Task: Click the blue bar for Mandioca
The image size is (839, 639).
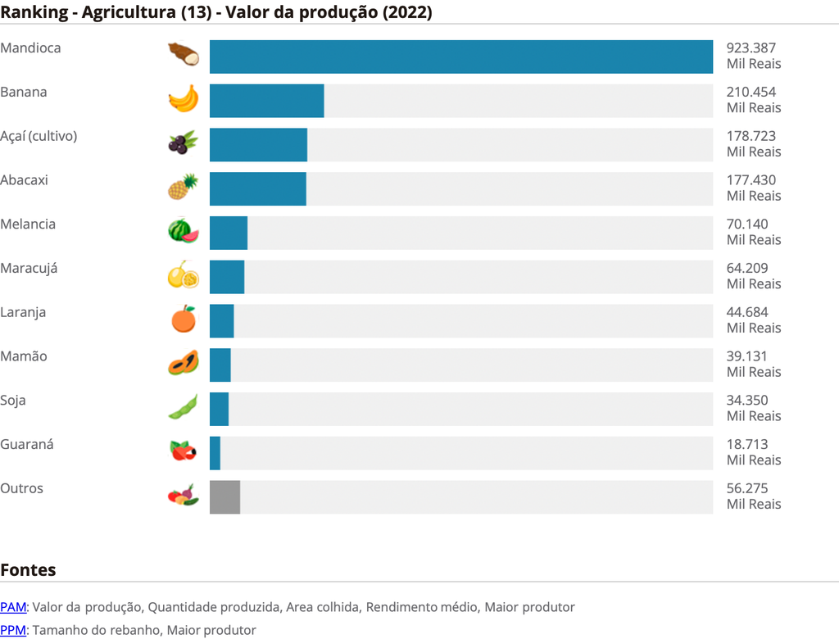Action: click(x=460, y=57)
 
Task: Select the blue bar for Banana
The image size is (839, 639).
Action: click(x=266, y=101)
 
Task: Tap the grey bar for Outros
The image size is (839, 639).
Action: click(x=224, y=497)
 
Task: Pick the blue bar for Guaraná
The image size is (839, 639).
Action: click(x=215, y=453)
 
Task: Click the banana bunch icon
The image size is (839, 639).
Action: click(x=183, y=99)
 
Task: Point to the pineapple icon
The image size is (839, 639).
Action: click(x=183, y=188)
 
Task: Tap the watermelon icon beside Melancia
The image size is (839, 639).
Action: click(x=183, y=231)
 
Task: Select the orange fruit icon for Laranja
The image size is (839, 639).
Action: click(x=183, y=319)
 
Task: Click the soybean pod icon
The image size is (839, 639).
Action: click(x=183, y=407)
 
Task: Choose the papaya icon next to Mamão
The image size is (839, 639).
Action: click(x=183, y=363)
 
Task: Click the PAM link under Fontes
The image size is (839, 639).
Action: click(x=13, y=607)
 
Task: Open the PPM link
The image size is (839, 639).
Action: click(x=13, y=630)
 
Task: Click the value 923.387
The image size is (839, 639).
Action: click(x=751, y=48)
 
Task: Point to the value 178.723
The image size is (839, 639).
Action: click(x=751, y=136)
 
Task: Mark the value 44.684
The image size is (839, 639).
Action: click(x=746, y=312)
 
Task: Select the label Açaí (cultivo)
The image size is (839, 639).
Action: click(x=39, y=136)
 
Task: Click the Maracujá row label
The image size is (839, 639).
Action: click(x=29, y=268)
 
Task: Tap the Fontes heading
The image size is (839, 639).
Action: click(x=28, y=569)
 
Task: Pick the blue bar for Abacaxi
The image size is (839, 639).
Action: click(x=257, y=188)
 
